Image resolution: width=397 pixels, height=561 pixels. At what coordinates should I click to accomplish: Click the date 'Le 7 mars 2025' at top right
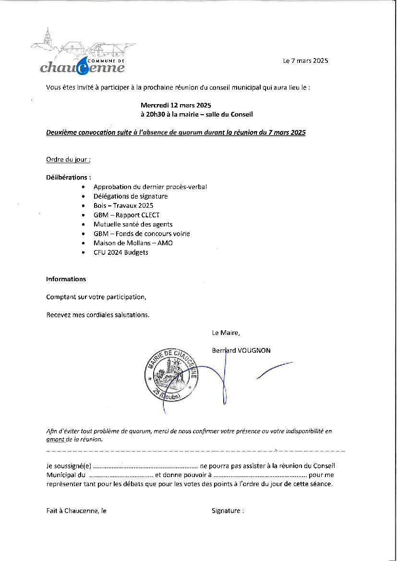point(305,60)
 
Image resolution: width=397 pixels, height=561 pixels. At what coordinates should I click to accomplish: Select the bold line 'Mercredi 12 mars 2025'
point(176,105)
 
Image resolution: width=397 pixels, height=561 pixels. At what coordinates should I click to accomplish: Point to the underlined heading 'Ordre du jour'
point(68,159)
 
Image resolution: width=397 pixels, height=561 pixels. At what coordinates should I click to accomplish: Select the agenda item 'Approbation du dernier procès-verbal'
point(150,187)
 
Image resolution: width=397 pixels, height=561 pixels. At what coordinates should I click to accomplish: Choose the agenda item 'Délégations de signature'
point(131,196)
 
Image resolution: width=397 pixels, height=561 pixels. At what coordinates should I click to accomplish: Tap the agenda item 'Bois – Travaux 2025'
point(123,205)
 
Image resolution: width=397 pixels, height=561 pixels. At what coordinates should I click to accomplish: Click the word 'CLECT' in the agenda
point(150,215)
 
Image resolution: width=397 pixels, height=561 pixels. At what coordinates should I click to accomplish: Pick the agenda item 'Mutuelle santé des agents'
point(133,224)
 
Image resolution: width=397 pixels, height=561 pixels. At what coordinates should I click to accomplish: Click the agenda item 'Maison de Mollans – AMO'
point(133,243)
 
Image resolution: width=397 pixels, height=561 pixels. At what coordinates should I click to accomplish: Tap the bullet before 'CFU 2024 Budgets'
point(84,252)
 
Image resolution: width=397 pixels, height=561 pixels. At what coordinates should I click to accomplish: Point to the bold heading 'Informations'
point(66,279)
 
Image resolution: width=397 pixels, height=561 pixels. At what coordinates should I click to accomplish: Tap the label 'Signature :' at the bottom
point(228,511)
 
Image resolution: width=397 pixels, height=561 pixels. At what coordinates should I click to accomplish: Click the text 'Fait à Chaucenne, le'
point(76,511)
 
